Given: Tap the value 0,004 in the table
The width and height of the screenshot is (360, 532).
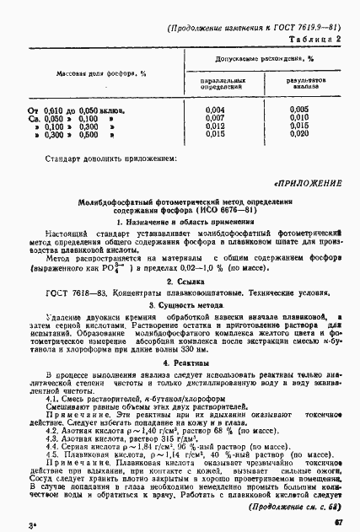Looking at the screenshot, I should [x=216, y=110].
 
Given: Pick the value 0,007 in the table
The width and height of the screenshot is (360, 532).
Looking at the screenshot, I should [x=216, y=117].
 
